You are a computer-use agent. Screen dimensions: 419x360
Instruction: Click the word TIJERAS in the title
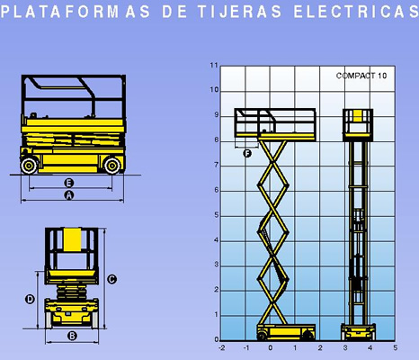239,12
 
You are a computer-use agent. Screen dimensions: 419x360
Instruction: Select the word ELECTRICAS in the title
356,12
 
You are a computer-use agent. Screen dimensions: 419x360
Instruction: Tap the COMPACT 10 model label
361,76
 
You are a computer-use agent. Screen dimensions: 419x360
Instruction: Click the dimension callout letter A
69,195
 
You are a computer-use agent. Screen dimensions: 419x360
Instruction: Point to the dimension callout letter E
69,183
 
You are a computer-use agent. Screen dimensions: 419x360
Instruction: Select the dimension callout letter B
72,336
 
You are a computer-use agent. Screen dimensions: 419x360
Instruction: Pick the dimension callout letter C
111,279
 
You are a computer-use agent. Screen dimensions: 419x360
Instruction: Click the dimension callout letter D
30,299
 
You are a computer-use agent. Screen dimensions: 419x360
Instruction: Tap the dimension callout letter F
247,154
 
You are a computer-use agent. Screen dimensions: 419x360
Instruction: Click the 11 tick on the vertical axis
214,65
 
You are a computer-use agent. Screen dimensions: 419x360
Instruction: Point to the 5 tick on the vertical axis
217,215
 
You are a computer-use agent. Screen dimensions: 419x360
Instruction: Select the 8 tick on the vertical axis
217,140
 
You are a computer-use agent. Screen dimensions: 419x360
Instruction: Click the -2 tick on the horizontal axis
222,348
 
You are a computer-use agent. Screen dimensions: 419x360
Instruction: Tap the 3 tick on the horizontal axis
345,348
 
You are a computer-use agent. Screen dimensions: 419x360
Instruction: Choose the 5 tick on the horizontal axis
396,348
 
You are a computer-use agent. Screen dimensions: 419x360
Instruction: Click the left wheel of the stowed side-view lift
29,166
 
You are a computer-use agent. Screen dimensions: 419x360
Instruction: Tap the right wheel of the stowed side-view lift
112,166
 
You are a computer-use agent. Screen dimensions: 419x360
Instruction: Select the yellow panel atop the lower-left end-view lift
72,239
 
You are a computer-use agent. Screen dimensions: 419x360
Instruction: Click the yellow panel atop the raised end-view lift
358,116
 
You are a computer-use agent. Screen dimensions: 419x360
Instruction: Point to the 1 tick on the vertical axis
217,315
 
